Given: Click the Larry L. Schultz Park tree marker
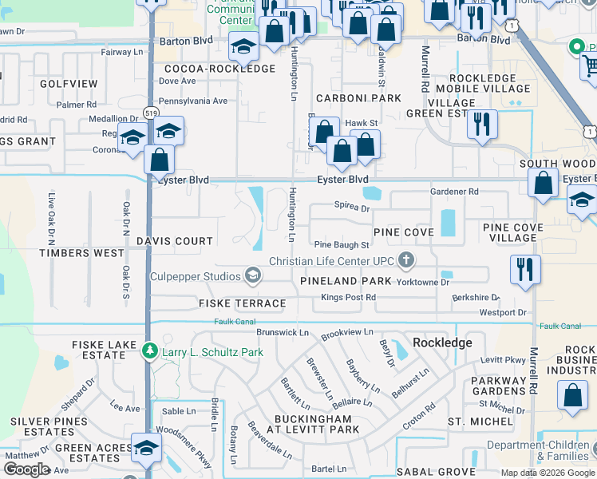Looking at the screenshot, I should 149,351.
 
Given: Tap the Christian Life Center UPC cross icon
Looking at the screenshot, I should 406,260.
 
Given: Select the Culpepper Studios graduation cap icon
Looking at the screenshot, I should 253,276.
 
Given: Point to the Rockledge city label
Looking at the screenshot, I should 443,342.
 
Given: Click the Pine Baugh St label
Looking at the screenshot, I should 342,245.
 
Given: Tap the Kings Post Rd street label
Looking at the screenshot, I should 348,298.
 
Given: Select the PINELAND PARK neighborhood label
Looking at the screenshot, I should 346,281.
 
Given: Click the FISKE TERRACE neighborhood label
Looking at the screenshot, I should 242,303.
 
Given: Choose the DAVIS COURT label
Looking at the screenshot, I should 175,240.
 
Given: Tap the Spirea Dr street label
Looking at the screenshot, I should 352,208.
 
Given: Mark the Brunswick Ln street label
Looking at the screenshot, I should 282,331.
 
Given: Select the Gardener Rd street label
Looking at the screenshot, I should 454,192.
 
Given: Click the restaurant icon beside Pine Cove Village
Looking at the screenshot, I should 526,269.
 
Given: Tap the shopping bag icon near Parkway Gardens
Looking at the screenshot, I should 573,395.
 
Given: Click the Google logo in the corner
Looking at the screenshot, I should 26,469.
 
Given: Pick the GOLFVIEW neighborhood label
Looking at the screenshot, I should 68,84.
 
